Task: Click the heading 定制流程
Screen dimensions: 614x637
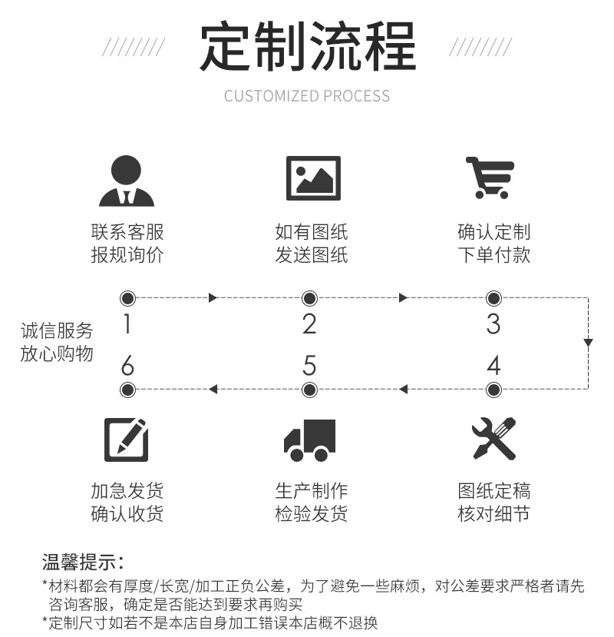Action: (x=307, y=48)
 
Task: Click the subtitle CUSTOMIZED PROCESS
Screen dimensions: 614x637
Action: (x=307, y=96)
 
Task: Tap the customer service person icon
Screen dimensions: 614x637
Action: (x=127, y=181)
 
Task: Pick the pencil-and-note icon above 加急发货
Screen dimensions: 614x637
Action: (x=127, y=440)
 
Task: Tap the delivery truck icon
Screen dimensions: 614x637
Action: (x=310, y=440)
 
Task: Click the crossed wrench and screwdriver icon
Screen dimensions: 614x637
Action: (x=494, y=439)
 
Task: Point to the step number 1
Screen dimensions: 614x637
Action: (x=127, y=325)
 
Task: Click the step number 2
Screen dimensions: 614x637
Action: (x=309, y=325)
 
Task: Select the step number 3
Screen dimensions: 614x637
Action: (x=494, y=325)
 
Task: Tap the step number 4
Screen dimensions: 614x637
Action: (x=494, y=365)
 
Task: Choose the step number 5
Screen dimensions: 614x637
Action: (x=309, y=365)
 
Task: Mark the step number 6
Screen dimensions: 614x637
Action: (x=127, y=365)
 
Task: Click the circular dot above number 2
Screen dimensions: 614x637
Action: (x=309, y=298)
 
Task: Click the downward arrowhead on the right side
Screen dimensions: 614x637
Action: (x=588, y=342)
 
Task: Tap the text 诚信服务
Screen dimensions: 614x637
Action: (x=57, y=331)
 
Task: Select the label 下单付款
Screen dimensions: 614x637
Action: (x=494, y=254)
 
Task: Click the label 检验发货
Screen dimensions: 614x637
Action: (x=311, y=513)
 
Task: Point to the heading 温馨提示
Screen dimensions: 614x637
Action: (x=82, y=562)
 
